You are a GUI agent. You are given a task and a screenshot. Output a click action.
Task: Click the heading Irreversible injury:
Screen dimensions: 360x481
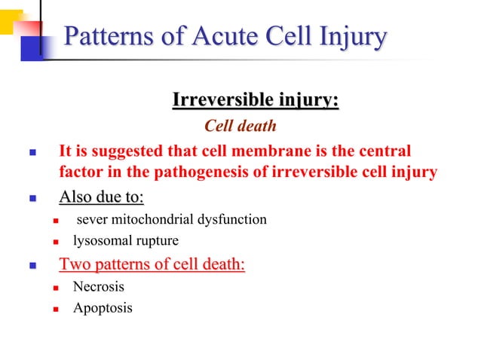[256, 100]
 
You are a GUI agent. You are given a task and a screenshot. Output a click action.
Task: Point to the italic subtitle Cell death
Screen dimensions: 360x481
[240, 125]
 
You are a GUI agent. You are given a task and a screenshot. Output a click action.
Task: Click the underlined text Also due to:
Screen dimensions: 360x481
[102, 198]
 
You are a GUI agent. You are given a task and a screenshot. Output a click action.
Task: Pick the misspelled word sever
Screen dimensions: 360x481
[91, 220]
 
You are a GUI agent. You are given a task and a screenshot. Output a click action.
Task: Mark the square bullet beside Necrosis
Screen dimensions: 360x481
[55, 287]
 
